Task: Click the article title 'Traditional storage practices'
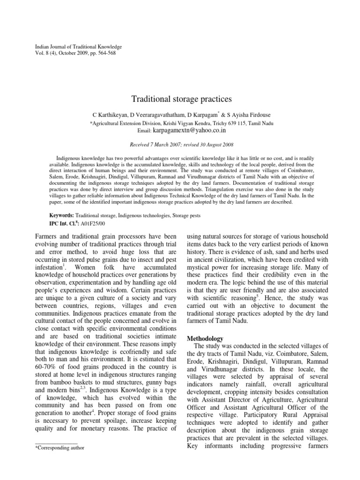tap(180, 99)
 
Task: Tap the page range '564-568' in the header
tap(105, 53)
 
